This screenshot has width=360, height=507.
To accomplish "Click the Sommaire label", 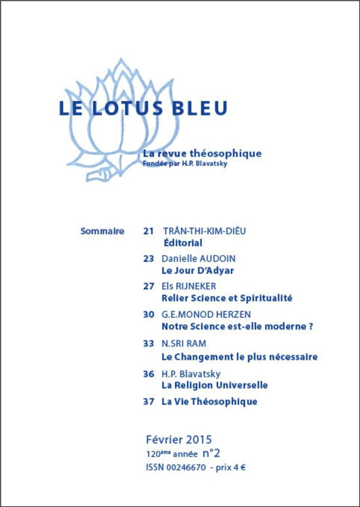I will (102, 231).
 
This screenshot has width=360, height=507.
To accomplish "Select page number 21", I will (149, 231).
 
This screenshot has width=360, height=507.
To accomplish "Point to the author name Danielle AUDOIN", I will (198, 259).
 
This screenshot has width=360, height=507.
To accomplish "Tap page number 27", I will (149, 286).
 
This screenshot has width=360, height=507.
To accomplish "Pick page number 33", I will (149, 343).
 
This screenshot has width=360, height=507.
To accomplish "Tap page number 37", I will (149, 401).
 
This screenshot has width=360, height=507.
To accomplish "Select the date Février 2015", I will (178, 439).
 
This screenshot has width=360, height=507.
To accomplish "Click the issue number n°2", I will (212, 454).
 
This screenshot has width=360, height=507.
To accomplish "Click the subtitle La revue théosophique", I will (202, 153).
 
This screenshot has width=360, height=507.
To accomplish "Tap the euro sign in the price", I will (242, 468).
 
